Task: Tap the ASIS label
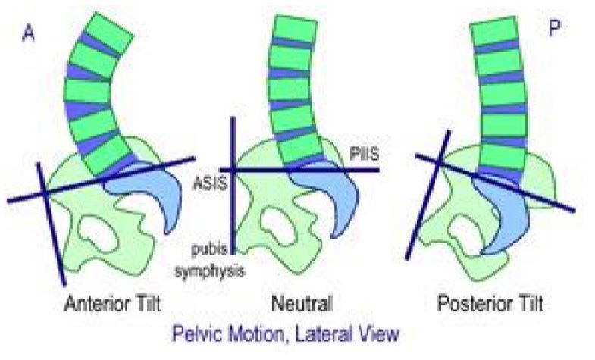click(210, 181)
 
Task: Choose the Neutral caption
click(302, 305)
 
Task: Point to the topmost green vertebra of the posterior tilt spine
click(495, 33)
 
